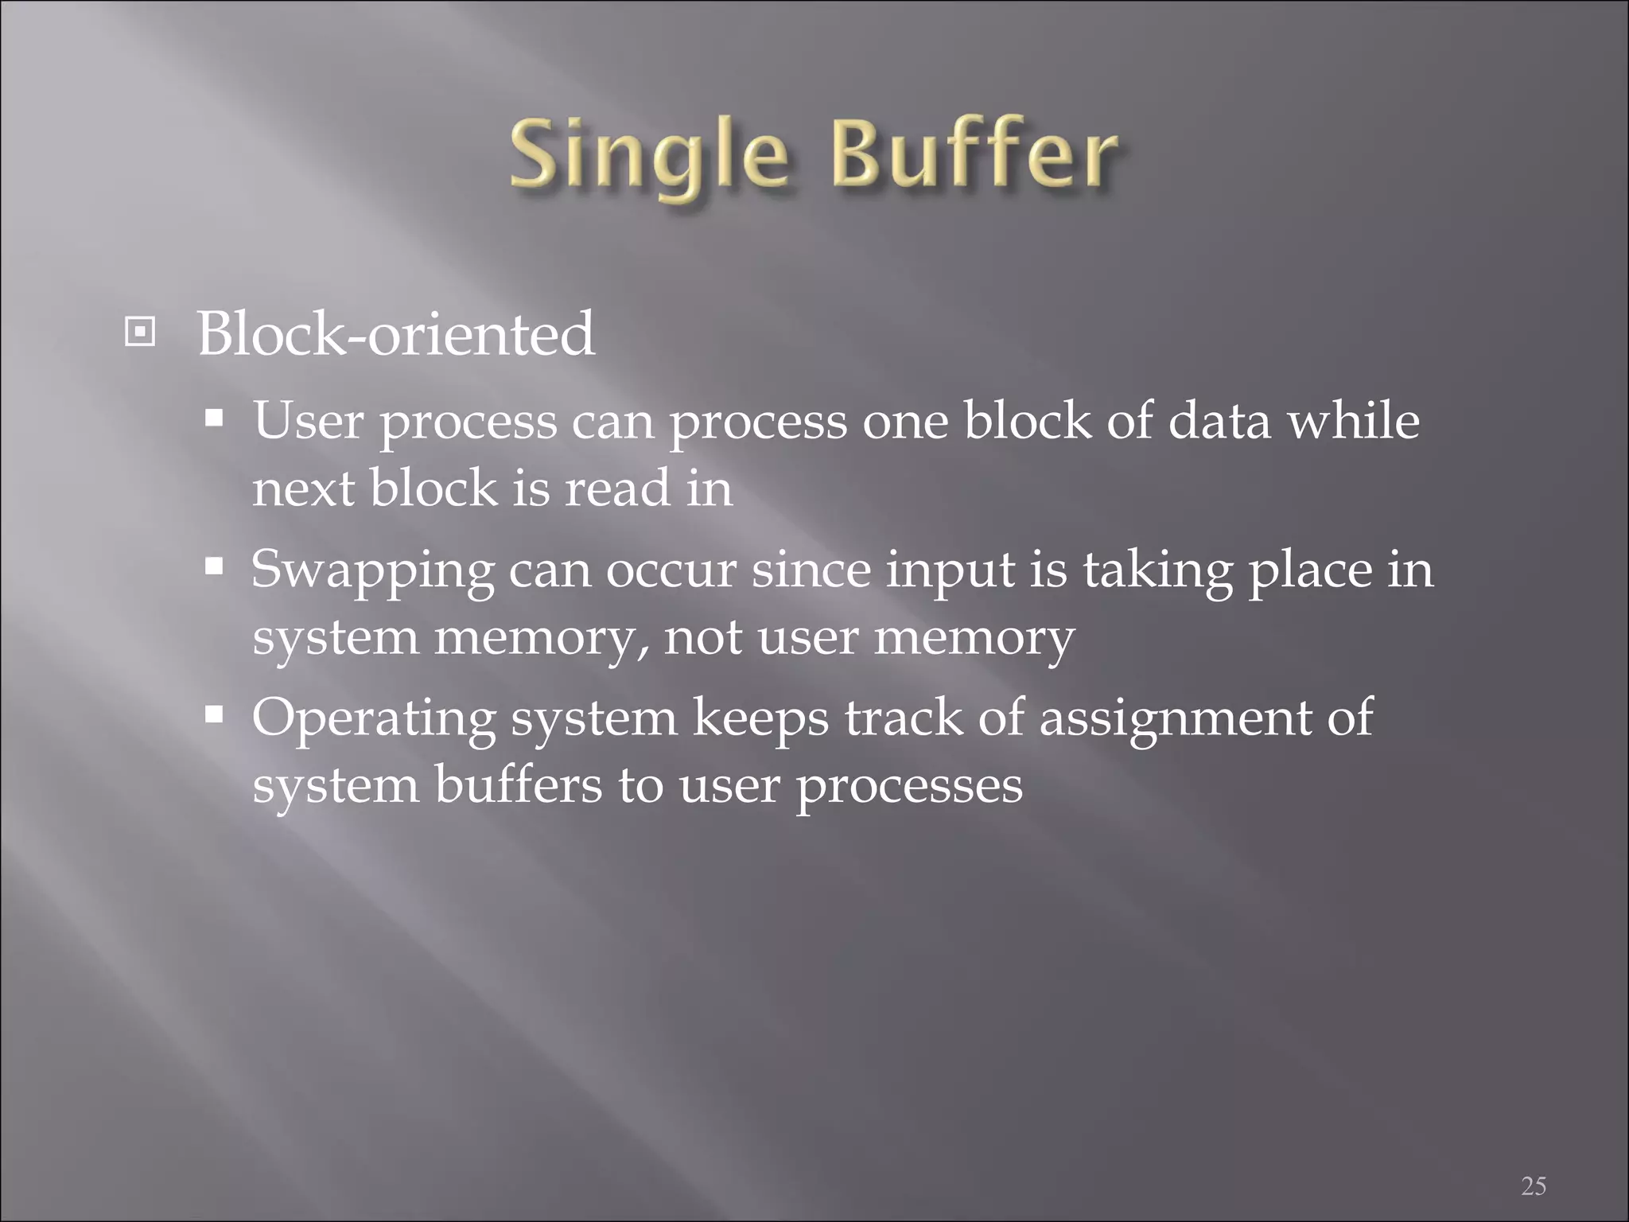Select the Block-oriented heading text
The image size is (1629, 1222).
point(395,334)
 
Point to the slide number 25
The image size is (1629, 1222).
point(1534,1186)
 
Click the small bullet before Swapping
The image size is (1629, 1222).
point(214,566)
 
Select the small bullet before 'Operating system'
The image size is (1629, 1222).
point(214,714)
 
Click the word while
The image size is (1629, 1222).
point(1353,421)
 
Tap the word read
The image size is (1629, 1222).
point(616,488)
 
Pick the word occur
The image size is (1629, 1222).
point(671,571)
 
